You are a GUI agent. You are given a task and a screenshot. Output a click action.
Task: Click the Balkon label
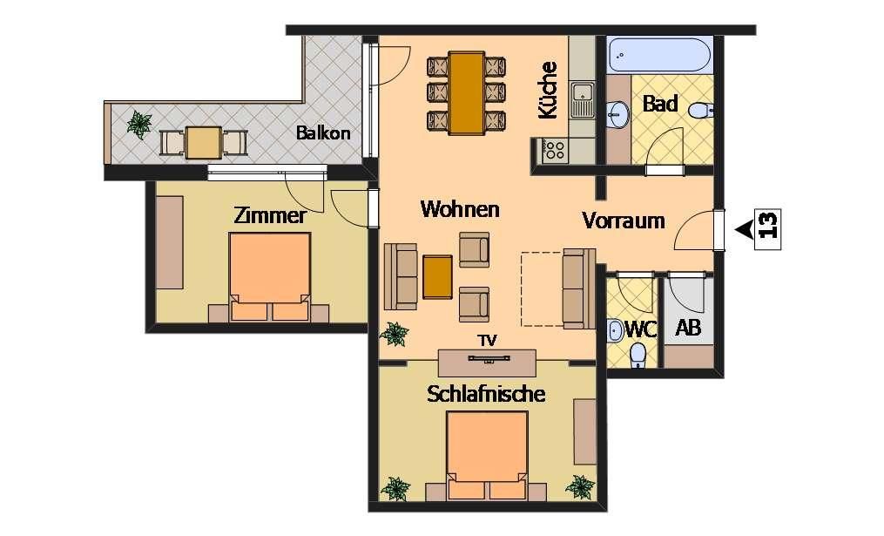point(323,133)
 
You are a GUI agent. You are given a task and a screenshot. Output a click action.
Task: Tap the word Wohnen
point(460,209)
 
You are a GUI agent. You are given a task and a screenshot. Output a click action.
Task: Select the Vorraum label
point(624,220)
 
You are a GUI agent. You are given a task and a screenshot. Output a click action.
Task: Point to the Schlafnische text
point(486,394)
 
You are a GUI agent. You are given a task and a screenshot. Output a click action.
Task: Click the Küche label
point(548,91)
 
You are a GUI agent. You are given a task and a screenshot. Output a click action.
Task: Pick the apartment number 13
point(769,225)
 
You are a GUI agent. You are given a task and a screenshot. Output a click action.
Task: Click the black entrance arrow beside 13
point(745,229)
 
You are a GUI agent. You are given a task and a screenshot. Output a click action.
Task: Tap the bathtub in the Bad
point(662,55)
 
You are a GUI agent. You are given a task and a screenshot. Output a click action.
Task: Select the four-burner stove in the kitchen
point(554,150)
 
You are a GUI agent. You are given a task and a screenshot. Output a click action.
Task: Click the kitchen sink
point(582,99)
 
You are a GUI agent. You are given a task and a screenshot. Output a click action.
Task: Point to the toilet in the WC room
point(638,356)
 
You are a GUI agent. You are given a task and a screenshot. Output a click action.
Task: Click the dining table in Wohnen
point(466,93)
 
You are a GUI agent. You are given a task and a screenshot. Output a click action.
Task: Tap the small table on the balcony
point(204,143)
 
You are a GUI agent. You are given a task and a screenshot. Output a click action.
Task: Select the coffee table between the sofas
point(437,276)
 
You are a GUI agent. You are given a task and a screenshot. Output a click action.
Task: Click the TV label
point(488,341)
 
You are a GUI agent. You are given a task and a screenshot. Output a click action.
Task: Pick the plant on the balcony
point(139,124)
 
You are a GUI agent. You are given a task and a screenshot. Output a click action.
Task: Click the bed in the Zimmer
point(269,276)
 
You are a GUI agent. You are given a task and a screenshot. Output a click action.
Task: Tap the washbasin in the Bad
point(618,115)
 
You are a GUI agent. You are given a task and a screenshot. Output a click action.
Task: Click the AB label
point(688,327)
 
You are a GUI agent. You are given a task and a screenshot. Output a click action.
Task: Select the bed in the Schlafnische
point(488,455)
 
